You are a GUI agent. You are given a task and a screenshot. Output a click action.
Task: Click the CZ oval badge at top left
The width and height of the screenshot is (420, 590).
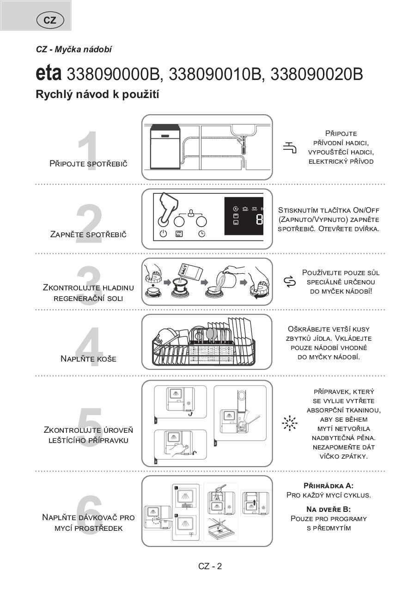pyautogui.click(x=50, y=20)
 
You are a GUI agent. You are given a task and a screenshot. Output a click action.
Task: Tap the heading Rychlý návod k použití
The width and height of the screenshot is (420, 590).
pyautogui.click(x=97, y=94)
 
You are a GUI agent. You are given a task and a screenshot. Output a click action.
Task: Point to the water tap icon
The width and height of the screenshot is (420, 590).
pyautogui.click(x=290, y=147)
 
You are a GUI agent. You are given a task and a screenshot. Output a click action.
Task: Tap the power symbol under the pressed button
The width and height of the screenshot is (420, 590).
pyautogui.click(x=163, y=234)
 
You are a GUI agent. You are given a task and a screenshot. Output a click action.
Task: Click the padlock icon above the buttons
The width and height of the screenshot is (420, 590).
pyautogui.click(x=190, y=213)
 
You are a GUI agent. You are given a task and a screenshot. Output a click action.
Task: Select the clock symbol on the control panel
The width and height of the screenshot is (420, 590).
pyautogui.click(x=202, y=234)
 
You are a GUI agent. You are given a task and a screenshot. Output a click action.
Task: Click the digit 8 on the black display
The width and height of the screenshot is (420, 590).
pyautogui.click(x=259, y=220)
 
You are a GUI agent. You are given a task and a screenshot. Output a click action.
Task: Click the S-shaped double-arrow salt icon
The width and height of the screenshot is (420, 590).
pyautogui.click(x=290, y=282)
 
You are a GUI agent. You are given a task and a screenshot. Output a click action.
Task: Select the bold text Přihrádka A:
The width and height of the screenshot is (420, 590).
pyautogui.click(x=329, y=486)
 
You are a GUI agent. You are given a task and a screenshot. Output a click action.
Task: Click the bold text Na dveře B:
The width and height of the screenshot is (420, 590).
pyautogui.click(x=329, y=509)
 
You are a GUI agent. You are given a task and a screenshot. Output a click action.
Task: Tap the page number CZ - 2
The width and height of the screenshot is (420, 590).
pyautogui.click(x=210, y=566)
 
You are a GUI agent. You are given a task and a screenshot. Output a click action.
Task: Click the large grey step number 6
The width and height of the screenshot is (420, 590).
pyautogui.click(x=89, y=516)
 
